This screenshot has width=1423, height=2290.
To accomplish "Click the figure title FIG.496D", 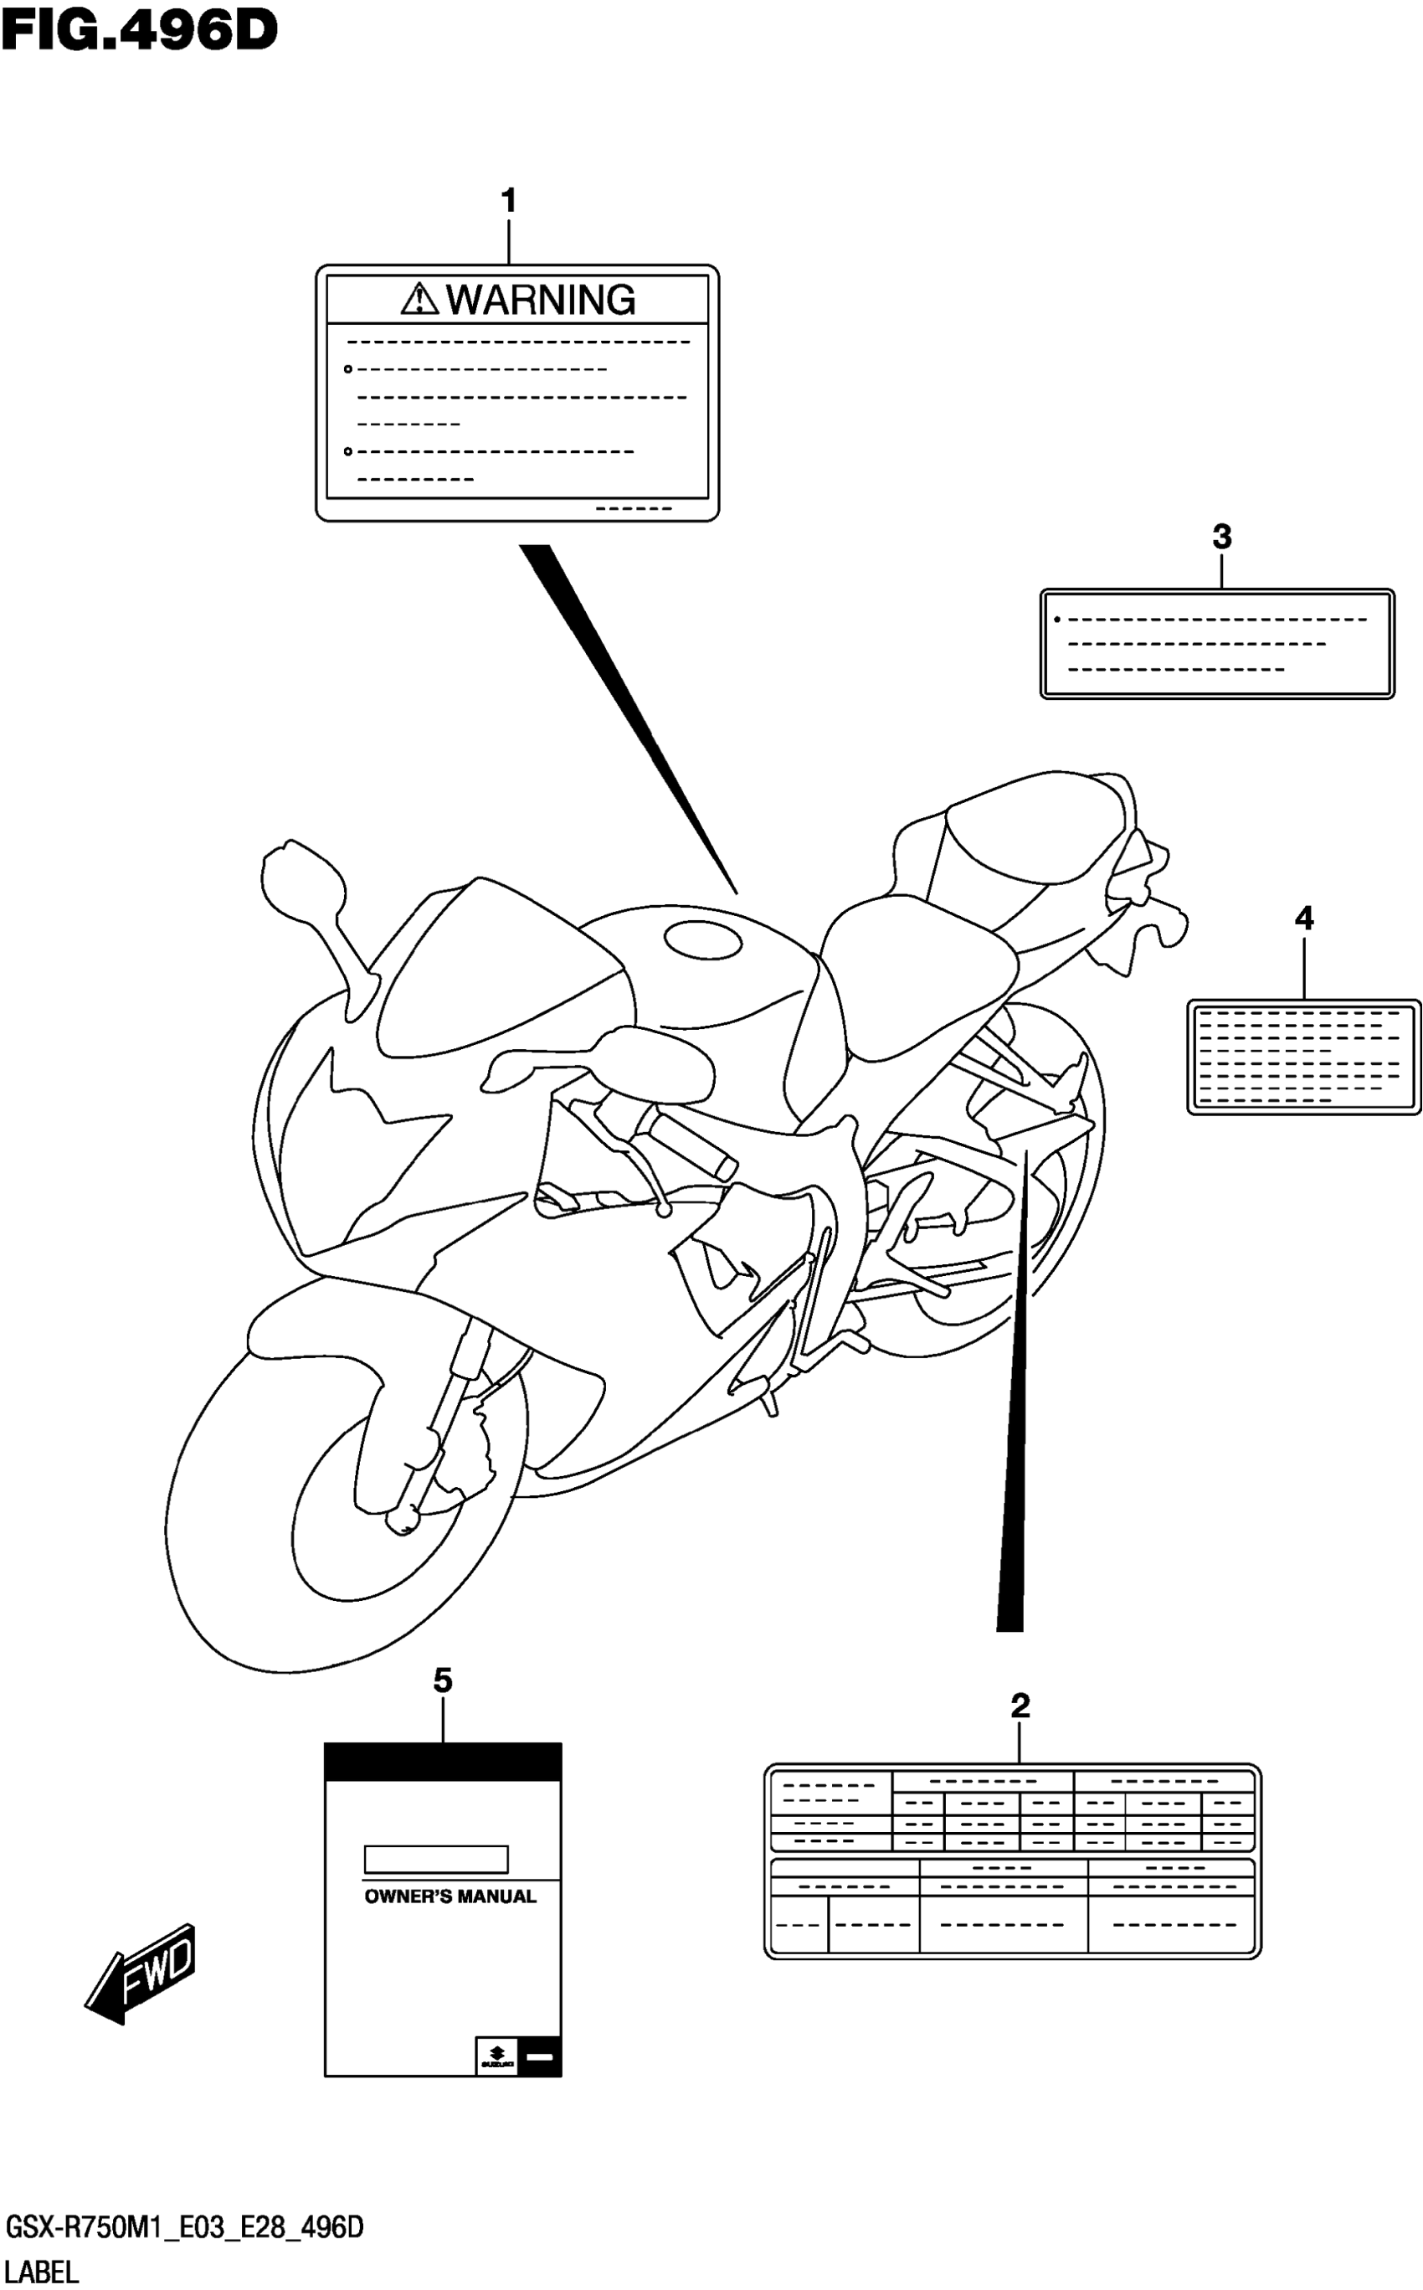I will [x=139, y=31].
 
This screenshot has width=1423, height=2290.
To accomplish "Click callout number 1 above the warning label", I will [x=508, y=200].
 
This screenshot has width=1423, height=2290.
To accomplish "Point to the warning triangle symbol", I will [x=419, y=299].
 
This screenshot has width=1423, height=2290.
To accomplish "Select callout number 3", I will [x=1221, y=538].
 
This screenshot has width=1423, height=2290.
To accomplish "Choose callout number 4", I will [x=1303, y=918].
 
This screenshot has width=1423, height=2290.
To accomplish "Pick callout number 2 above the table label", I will [x=1020, y=1705].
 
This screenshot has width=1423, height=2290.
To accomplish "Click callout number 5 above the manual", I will [x=442, y=1680].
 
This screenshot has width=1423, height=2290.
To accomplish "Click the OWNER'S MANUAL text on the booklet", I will [x=450, y=1896].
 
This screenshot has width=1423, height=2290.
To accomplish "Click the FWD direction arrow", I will [x=141, y=1973].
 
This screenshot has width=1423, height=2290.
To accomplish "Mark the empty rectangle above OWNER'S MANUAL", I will [x=436, y=1859].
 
